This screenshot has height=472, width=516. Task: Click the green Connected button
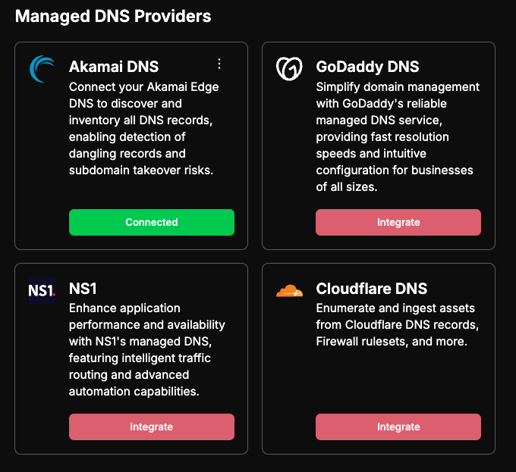click(x=152, y=223)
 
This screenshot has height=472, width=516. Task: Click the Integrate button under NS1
click(x=152, y=427)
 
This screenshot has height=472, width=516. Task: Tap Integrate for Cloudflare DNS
click(x=398, y=427)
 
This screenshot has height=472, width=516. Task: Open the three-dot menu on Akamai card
click(x=219, y=64)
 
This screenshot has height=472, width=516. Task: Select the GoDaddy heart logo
click(x=289, y=69)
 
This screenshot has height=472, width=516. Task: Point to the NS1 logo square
click(x=42, y=290)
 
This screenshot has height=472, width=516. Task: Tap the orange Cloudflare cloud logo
click(x=289, y=291)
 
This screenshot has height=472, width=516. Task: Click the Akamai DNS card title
click(x=114, y=67)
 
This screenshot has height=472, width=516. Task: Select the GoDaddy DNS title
click(x=367, y=67)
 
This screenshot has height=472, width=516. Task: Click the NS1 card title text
click(x=83, y=289)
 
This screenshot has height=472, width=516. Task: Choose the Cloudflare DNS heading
click(x=372, y=289)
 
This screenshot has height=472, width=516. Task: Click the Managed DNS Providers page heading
click(x=113, y=16)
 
